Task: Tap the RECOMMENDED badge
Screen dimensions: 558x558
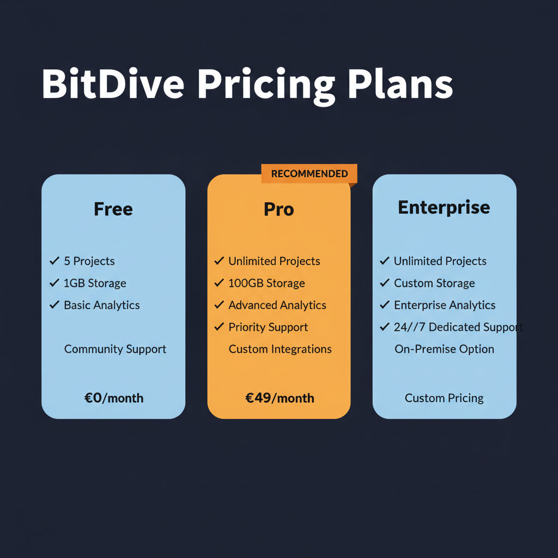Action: click(309, 174)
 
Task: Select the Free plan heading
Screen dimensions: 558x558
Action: click(113, 209)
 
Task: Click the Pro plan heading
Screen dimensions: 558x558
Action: click(278, 209)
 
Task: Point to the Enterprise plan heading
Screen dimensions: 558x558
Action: click(444, 207)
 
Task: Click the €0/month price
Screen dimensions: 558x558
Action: click(114, 398)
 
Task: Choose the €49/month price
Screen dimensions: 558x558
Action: click(280, 398)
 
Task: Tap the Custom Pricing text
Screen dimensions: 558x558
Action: click(444, 398)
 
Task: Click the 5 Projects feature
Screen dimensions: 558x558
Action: click(89, 261)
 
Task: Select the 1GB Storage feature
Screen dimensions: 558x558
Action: click(95, 283)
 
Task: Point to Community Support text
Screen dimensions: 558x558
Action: click(115, 349)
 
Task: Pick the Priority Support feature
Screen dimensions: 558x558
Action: click(268, 327)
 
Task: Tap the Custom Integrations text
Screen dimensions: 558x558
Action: click(280, 349)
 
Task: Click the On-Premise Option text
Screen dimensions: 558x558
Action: click(444, 349)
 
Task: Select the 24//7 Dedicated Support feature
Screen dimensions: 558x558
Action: click(458, 327)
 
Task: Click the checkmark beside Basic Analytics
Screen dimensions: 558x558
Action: click(54, 305)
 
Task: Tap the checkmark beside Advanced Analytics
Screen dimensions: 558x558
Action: click(219, 305)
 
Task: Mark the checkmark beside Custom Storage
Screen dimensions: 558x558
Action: click(385, 283)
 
